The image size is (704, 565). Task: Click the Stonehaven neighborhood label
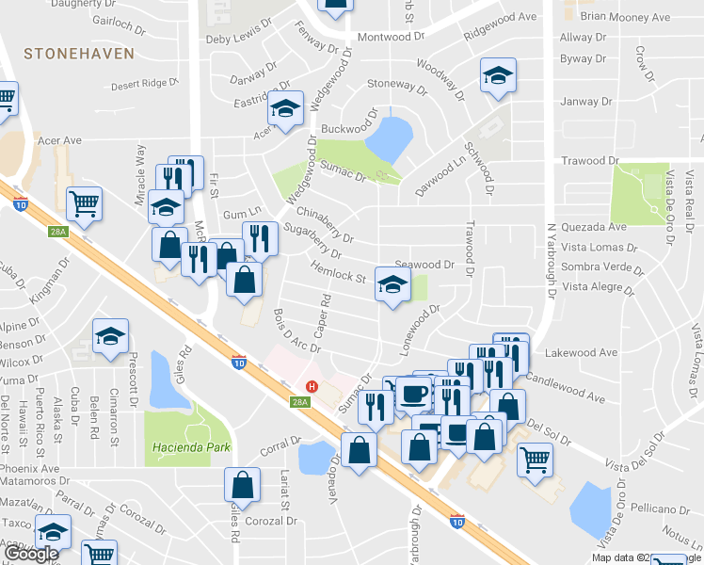(x=80, y=54)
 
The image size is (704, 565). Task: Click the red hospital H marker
(x=312, y=386)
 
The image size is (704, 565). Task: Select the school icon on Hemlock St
(x=392, y=285)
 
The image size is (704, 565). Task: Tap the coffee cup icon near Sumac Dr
(x=412, y=393)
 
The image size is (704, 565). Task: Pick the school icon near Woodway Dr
(x=498, y=76)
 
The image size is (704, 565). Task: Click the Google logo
(x=32, y=554)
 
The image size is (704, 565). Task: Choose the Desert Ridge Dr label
(x=144, y=84)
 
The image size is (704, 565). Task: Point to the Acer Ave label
(x=60, y=140)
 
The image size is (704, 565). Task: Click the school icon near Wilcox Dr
(x=110, y=337)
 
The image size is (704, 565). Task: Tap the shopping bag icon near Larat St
(x=242, y=485)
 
